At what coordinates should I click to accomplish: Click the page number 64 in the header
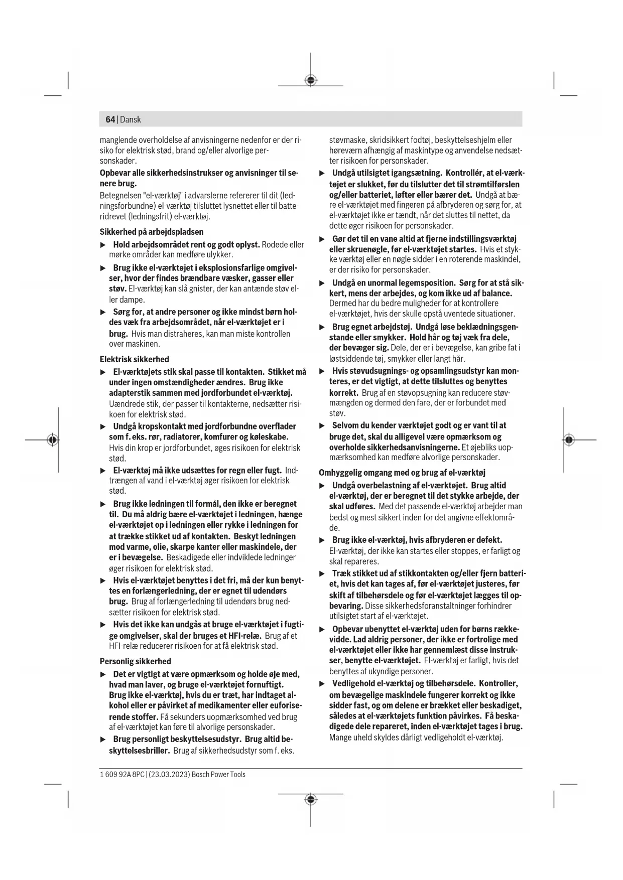pyautogui.click(x=110, y=119)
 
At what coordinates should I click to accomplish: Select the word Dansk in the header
pyautogui.click(x=131, y=119)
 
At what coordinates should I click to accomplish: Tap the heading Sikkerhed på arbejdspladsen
pyautogui.click(x=152, y=232)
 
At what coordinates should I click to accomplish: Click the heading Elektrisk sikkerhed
pyautogui.click(x=135, y=359)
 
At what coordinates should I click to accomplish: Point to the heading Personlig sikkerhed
pyautogui.click(x=136, y=661)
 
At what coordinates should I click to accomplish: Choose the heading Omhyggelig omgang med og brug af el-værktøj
pyautogui.click(x=402, y=473)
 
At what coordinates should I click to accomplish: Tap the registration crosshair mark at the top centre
pyautogui.click(x=311, y=80)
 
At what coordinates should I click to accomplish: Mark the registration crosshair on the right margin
pyautogui.click(x=568, y=440)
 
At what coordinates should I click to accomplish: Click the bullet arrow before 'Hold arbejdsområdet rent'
pyautogui.click(x=103, y=245)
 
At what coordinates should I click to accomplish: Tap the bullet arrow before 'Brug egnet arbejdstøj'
pyautogui.click(x=322, y=327)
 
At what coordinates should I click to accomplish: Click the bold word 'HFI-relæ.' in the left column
pyautogui.click(x=245, y=636)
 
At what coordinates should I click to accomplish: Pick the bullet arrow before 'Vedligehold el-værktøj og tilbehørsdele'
pyautogui.click(x=322, y=684)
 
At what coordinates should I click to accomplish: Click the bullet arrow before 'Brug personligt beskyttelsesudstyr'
pyautogui.click(x=103, y=740)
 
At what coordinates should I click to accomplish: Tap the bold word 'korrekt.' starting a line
pyautogui.click(x=343, y=392)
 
